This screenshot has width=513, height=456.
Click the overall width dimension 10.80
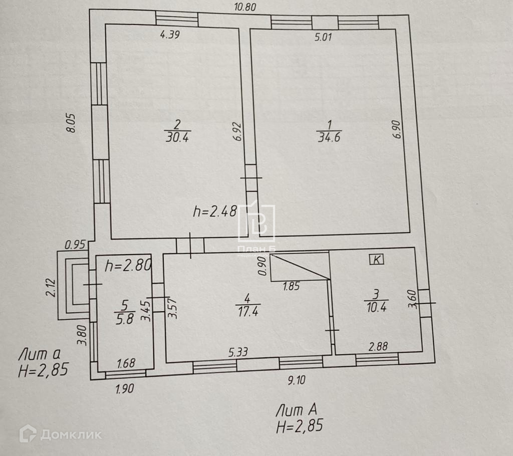(x=245, y=7)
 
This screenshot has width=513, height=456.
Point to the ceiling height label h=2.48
(x=215, y=212)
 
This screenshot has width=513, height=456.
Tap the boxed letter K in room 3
(x=376, y=259)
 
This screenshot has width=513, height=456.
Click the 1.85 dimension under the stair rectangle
(x=291, y=287)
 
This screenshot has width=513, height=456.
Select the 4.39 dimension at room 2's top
(x=169, y=35)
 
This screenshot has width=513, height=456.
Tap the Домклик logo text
(x=71, y=434)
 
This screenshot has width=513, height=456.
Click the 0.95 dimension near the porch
(x=75, y=245)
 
